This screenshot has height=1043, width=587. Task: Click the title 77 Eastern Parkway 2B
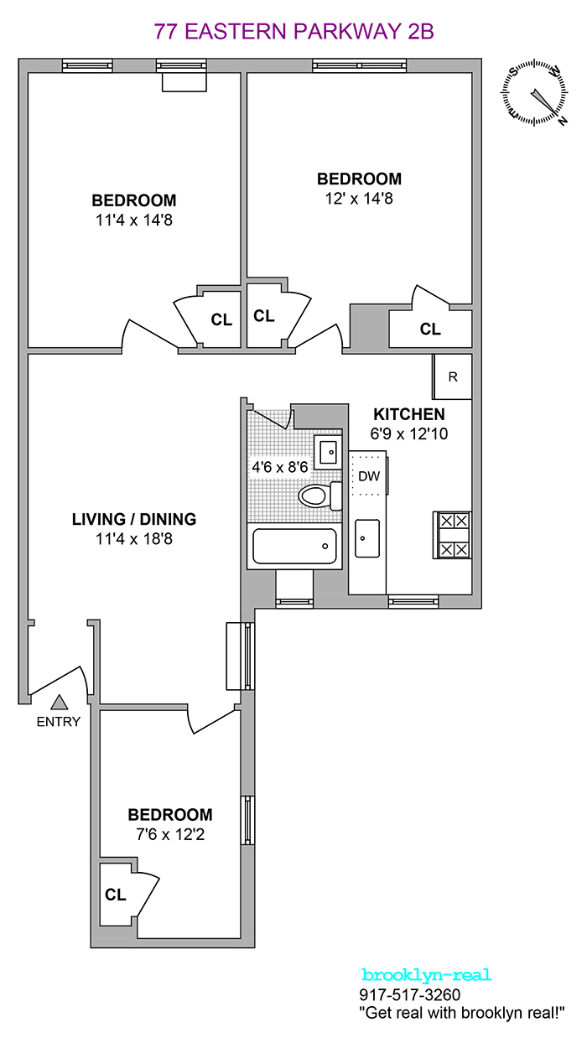[293, 32]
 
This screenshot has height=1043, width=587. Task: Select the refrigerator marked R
[452, 376]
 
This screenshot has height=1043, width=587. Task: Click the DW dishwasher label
[369, 476]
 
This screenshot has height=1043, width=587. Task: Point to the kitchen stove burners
[452, 535]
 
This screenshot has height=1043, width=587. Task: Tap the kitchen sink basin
[366, 537]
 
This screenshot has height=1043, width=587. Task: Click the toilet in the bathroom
[316, 496]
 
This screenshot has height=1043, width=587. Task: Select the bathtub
[294, 546]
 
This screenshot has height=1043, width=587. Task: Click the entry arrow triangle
[59, 702]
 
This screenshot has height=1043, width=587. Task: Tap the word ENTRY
[59, 721]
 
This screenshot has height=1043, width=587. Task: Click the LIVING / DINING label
[134, 519]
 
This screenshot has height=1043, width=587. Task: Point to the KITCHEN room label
[408, 414]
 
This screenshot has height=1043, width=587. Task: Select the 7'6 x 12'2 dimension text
[169, 834]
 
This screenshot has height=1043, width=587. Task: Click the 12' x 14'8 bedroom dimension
[359, 199]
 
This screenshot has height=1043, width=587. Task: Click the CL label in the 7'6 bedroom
[116, 895]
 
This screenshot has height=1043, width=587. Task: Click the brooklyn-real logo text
[426, 975]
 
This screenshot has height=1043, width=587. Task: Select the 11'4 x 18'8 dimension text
[134, 539]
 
